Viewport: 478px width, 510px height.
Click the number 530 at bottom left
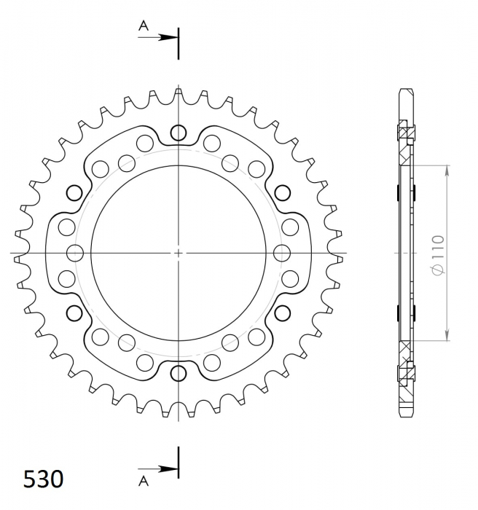tap(43, 479)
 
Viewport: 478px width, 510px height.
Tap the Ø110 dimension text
tap(439, 255)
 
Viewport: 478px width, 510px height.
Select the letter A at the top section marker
tap(144, 25)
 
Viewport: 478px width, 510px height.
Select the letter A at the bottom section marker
tap(144, 481)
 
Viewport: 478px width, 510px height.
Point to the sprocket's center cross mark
tap(179, 253)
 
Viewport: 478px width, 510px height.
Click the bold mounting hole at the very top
tap(179, 133)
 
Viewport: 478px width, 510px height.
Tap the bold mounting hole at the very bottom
tap(179, 373)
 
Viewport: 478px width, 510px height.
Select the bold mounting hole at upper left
tap(74, 193)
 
